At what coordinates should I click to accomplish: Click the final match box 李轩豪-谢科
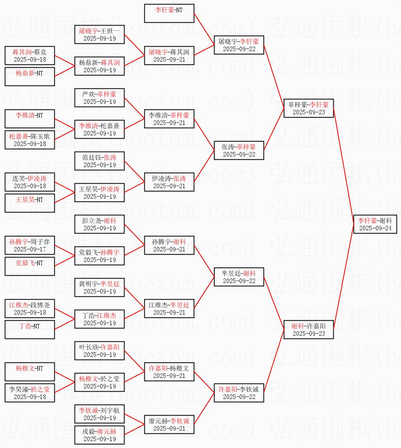(375, 224)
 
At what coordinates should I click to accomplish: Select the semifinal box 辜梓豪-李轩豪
(309, 108)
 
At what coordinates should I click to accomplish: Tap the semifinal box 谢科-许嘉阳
(309, 330)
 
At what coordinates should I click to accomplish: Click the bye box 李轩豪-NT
(169, 13)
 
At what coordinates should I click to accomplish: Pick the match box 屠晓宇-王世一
(99, 34)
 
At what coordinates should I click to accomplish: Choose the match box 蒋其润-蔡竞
(30, 56)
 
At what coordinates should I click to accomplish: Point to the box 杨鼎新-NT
(30, 77)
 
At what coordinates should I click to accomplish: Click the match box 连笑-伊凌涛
(30, 182)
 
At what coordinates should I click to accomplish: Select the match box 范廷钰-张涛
(99, 161)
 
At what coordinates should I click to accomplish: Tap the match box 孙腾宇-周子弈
(30, 245)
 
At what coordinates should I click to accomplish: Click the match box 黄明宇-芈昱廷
(99, 287)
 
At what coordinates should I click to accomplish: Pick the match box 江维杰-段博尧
(30, 309)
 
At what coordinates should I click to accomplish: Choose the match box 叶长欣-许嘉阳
(99, 351)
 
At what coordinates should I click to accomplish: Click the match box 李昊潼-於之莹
(30, 393)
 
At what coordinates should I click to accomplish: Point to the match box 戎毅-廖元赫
(99, 435)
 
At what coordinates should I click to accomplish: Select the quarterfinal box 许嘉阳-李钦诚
(239, 393)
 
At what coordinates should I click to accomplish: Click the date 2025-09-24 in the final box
(375, 228)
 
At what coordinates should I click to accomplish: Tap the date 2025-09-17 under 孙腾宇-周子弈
(30, 249)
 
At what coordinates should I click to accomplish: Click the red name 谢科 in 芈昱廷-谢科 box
(249, 273)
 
